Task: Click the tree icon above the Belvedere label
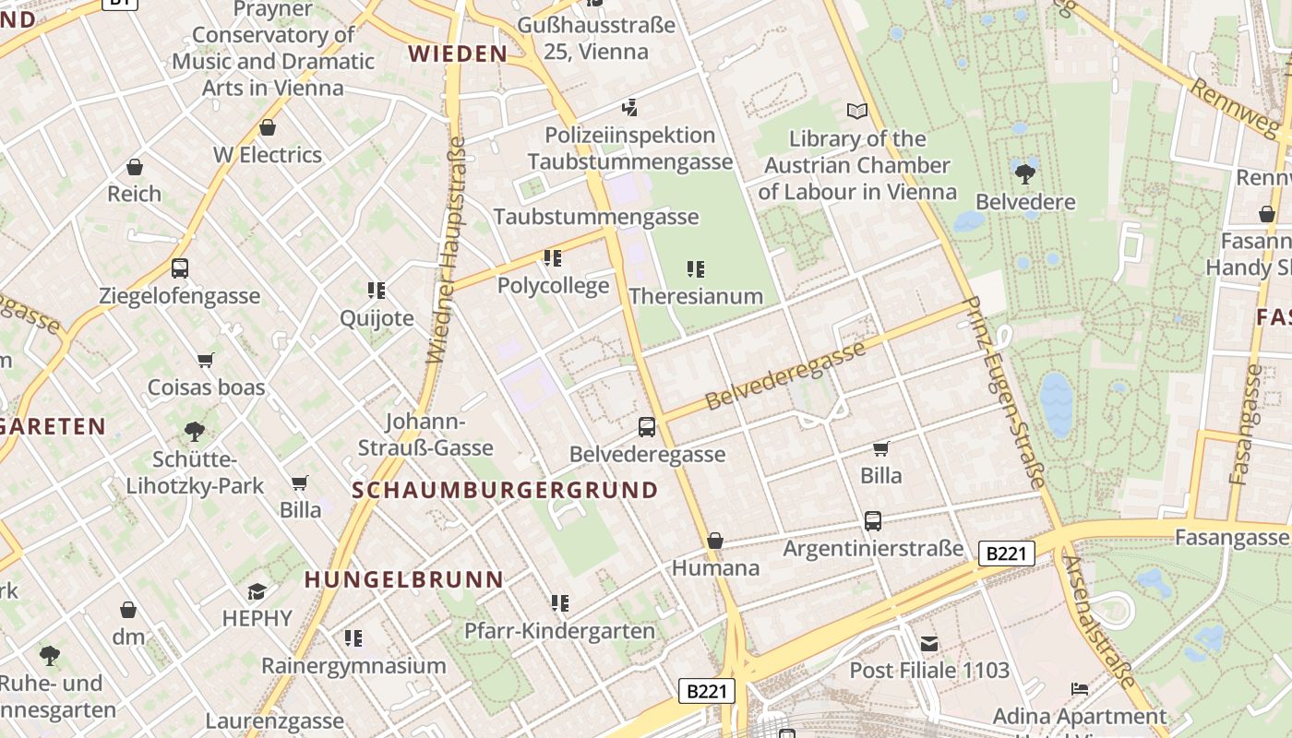point(1024,173)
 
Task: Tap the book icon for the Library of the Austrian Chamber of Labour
point(857,112)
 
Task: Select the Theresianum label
point(696,296)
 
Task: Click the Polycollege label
point(553,285)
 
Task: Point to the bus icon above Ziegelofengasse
point(180,268)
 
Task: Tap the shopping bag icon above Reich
point(135,167)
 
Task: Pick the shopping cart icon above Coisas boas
point(206,360)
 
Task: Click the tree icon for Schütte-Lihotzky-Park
point(194,431)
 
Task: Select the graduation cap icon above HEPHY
point(257,591)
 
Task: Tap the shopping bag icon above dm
point(128,610)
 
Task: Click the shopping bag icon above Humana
point(715,541)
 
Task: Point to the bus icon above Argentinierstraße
point(873,521)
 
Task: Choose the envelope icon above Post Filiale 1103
point(928,643)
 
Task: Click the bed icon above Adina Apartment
point(1079,689)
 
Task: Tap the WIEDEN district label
point(458,54)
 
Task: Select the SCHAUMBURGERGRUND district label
point(506,490)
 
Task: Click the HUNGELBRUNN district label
point(404,579)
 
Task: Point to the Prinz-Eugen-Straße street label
point(1003,391)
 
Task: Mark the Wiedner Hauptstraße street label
point(446,251)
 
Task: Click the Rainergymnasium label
point(353,665)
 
